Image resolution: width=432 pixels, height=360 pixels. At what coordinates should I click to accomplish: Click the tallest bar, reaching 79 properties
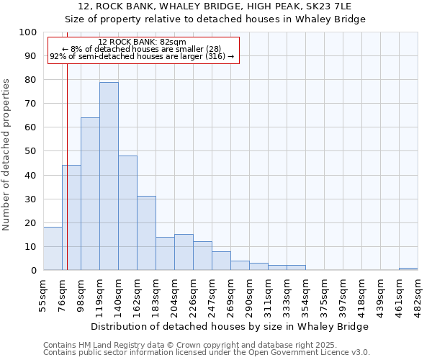pyautogui.click(x=109, y=176)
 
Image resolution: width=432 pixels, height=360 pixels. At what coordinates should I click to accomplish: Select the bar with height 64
pyautogui.click(x=90, y=194)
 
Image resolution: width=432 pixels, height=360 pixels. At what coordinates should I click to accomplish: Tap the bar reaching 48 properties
pyautogui.click(x=127, y=213)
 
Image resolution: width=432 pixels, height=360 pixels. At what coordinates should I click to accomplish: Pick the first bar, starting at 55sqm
pyautogui.click(x=53, y=249)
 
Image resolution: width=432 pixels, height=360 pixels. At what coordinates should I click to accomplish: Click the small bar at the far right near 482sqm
pyautogui.click(x=408, y=269)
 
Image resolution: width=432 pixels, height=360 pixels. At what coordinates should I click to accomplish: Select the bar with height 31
pyautogui.click(x=146, y=233)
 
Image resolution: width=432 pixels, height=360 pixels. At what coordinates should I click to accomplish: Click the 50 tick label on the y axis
pyautogui.click(x=30, y=151)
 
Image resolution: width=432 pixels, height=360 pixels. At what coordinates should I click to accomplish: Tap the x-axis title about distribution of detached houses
pyautogui.click(x=230, y=326)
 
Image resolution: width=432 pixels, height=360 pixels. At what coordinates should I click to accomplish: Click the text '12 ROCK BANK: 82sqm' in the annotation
pyautogui.click(x=142, y=42)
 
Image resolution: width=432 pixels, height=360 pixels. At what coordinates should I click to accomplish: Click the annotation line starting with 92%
pyautogui.click(x=142, y=56)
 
